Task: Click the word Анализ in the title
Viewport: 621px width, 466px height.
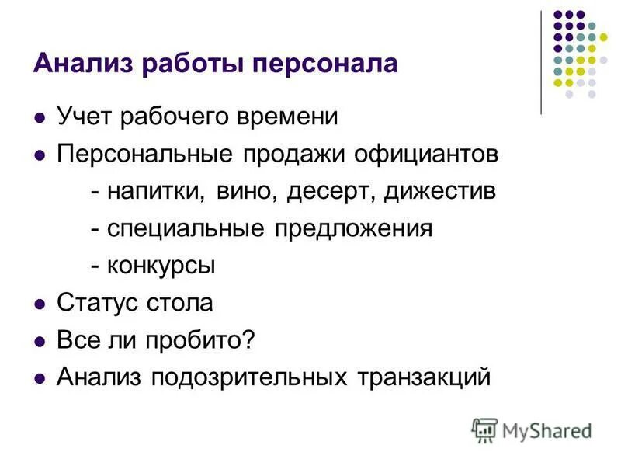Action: [73, 62]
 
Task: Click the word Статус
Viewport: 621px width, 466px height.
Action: [95, 303]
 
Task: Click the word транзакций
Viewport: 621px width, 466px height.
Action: [425, 377]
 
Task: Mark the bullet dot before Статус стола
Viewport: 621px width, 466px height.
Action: [40, 304]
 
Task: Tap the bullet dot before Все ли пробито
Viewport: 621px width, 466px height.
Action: [40, 342]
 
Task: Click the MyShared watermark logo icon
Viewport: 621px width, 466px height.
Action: [485, 429]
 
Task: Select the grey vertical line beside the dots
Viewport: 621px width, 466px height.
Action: [541, 62]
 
